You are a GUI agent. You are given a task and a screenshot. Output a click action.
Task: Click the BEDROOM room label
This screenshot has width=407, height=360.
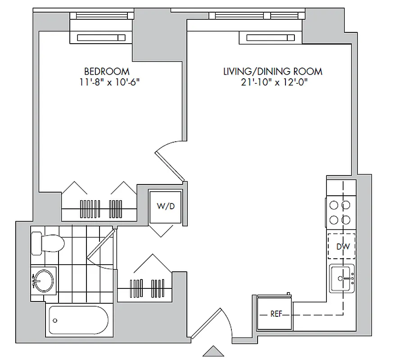(107, 71)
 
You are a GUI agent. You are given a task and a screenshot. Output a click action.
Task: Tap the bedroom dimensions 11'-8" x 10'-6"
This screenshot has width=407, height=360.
(107, 82)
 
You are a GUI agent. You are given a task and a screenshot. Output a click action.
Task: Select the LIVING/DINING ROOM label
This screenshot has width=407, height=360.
(273, 71)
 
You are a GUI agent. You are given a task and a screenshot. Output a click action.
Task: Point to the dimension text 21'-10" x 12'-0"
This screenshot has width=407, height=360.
(273, 82)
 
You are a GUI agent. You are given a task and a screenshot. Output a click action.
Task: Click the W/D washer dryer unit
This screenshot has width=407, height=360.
(165, 207)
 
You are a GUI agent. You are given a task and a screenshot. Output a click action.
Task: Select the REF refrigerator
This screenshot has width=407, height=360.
(276, 314)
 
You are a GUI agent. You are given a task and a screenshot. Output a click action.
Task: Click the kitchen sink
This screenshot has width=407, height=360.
(343, 279)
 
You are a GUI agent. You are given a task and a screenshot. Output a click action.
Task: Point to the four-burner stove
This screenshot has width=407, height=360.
(340, 213)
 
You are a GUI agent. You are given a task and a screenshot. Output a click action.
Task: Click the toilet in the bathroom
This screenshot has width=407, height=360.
(48, 243)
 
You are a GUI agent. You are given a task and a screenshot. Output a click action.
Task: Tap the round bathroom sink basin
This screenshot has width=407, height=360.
(43, 280)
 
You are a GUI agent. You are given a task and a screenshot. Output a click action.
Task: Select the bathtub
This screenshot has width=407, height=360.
(77, 320)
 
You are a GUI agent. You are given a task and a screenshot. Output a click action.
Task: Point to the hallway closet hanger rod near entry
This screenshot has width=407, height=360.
(145, 288)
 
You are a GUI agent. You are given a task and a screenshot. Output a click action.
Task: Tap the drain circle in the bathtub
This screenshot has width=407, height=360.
(55, 321)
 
